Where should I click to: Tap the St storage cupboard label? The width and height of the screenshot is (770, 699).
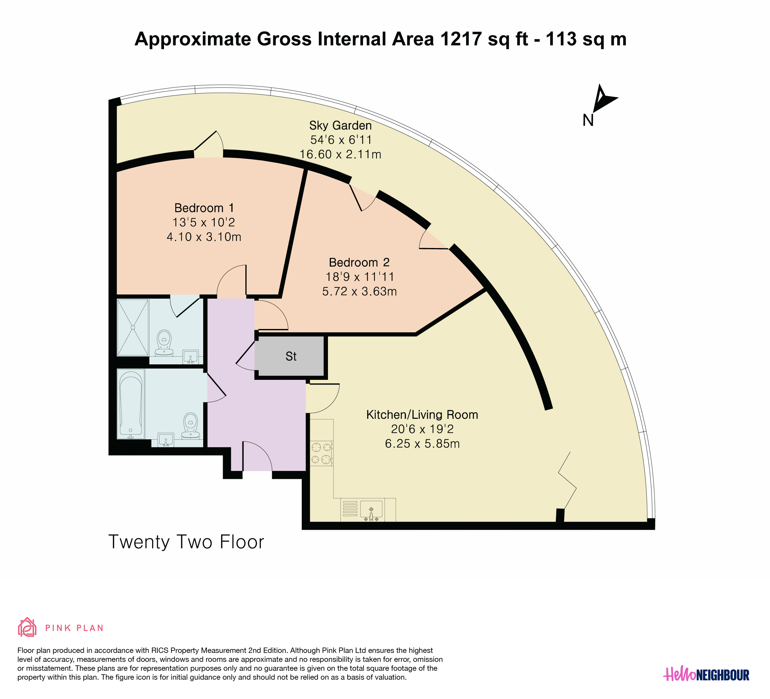point(291,356)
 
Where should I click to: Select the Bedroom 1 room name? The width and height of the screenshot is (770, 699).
point(204,208)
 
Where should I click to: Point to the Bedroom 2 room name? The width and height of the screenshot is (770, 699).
point(359,262)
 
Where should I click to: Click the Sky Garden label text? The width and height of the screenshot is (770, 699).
point(340,126)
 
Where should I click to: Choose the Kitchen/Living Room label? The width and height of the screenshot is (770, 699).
point(422,415)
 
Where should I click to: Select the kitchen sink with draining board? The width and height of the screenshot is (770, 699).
point(362,510)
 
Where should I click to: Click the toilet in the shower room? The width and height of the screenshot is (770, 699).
point(164,343)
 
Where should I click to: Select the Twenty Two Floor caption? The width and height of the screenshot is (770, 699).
point(186,542)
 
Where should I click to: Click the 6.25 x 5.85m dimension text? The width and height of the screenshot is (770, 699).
point(422,443)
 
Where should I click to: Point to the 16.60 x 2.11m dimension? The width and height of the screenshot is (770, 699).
point(340,154)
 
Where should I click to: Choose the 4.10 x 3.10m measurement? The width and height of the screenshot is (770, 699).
point(204,237)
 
